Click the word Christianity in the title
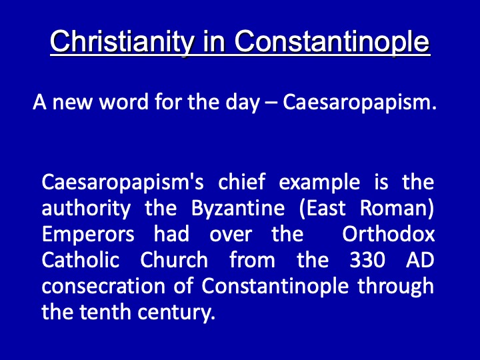pyautogui.click(x=122, y=42)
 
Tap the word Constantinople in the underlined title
pyautogui.click(x=332, y=42)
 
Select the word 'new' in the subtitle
pyautogui.click(x=72, y=103)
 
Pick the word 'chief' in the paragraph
pyautogui.click(x=241, y=181)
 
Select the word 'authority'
pyautogui.click(x=86, y=209)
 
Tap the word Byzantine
pyautogui.click(x=238, y=209)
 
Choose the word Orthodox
pyautogui.click(x=388, y=234)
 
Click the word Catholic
pyautogui.click(x=81, y=260)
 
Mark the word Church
pyautogui.click(x=174, y=260)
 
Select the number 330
pyautogui.click(x=367, y=260)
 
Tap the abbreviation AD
pyautogui.click(x=420, y=260)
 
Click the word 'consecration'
pyautogui.click(x=103, y=287)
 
